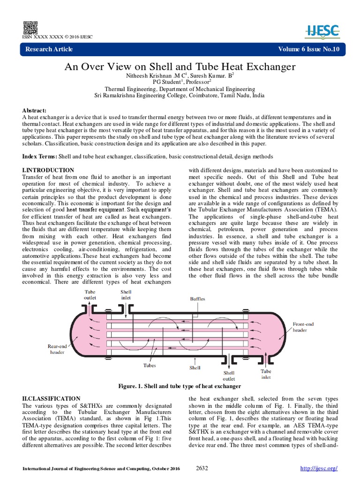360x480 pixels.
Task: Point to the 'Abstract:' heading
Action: (x=35, y=110)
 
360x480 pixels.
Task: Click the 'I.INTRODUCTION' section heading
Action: (x=48, y=170)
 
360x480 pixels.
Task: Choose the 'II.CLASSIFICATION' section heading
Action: (x=51, y=398)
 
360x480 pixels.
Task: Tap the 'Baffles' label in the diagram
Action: (x=197, y=298)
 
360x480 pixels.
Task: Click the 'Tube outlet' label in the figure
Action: (x=90, y=294)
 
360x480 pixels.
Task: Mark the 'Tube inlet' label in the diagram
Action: (x=266, y=374)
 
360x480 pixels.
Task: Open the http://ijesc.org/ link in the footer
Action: (x=318, y=469)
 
